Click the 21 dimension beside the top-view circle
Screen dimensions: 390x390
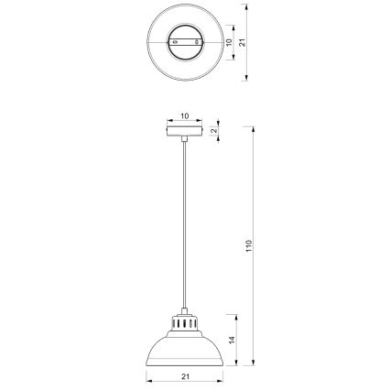pyautogui.click(x=241, y=42)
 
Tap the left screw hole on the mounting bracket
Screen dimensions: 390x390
pyautogui.click(x=174, y=42)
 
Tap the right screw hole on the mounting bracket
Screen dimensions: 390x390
pyautogui.click(x=195, y=42)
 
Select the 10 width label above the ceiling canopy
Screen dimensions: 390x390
pyautogui.click(x=184, y=117)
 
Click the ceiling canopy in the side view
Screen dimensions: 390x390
pyautogui.click(x=184, y=131)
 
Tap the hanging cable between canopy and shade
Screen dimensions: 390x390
pyautogui.click(x=184, y=229)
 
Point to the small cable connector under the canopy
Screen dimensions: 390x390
pyautogui.click(x=184, y=139)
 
